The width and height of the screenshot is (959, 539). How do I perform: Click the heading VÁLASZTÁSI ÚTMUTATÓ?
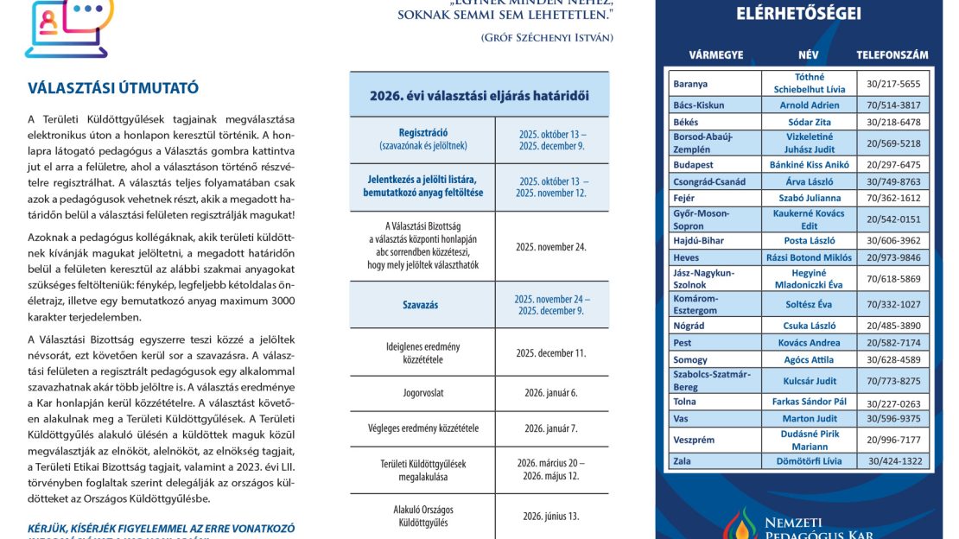(114, 88)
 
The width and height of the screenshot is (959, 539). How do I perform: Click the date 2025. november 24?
(550, 246)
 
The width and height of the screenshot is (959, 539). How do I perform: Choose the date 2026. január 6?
(549, 392)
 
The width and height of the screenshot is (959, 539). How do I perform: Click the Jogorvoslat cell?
(422, 392)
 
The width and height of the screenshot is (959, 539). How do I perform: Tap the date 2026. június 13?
(549, 517)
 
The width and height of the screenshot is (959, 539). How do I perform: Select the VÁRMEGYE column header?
(715, 54)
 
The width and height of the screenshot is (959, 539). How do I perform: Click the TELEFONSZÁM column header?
(892, 54)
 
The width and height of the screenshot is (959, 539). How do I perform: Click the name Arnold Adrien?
(809, 105)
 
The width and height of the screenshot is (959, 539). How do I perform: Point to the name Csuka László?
(809, 326)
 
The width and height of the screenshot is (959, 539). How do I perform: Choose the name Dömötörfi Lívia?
(809, 460)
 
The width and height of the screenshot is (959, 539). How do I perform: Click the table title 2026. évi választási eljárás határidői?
(479, 95)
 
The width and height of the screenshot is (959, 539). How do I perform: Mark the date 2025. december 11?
(550, 352)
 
